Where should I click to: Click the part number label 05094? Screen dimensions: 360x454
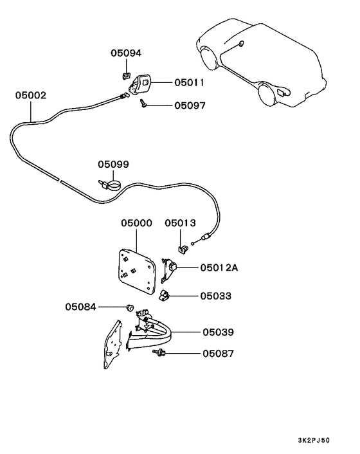click(126, 53)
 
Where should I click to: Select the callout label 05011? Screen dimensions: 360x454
click(189, 82)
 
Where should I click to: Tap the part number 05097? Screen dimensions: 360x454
click(190, 105)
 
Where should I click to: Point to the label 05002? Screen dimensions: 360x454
click(31, 95)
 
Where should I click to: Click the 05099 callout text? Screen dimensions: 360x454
click(113, 164)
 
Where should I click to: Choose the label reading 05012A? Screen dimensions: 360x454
click(219, 268)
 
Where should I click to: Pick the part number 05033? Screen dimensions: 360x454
click(216, 296)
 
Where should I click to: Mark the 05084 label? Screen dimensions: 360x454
click(80, 307)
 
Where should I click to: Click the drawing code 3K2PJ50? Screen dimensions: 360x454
click(314, 440)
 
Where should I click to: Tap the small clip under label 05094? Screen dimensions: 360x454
click(125, 77)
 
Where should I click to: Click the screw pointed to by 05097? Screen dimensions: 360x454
click(143, 103)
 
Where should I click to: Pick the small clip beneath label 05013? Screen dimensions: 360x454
click(183, 250)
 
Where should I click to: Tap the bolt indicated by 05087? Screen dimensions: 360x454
click(159, 352)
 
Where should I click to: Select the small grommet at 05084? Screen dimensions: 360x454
click(130, 307)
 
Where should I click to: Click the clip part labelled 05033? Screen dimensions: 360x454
click(164, 296)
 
